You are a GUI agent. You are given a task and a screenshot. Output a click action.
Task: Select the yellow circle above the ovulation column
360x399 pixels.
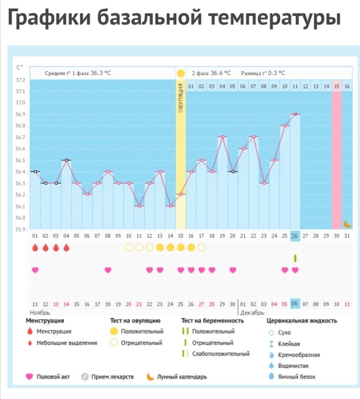(x=181, y=73)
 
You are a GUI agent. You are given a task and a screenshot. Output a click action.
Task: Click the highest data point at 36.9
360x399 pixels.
(x=295, y=114)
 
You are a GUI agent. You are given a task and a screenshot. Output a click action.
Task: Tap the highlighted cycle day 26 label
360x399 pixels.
(x=295, y=236)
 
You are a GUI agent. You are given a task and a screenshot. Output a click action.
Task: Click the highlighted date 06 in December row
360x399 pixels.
(x=295, y=304)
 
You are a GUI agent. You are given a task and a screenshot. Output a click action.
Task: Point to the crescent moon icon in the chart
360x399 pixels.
(x=347, y=223)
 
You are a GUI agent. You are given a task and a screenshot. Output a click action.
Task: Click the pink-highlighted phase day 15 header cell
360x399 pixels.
(x=336, y=86)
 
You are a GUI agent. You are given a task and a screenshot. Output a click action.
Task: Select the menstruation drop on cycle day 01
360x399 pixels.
(x=35, y=247)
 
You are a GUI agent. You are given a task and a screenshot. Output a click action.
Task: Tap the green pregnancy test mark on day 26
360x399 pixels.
(x=295, y=258)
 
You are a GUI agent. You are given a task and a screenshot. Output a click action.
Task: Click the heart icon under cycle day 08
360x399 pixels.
(x=108, y=270)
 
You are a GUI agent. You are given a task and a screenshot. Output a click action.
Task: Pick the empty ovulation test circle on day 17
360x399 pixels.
(x=201, y=247)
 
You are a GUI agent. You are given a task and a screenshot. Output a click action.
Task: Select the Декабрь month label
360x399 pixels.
(x=252, y=312)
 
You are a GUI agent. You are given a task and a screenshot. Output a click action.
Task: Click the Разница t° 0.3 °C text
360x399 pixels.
(x=263, y=73)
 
